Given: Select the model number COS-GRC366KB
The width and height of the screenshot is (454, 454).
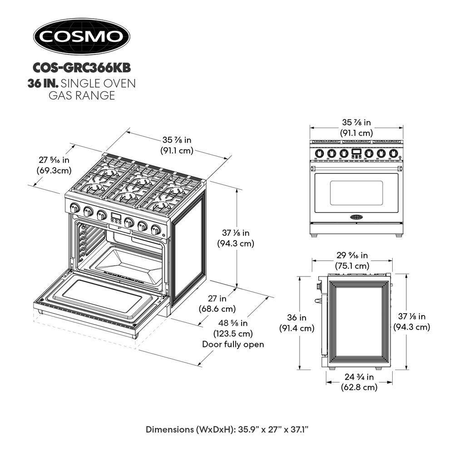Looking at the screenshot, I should click(x=82, y=68).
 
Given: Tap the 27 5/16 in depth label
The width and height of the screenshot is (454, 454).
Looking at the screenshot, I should click(x=53, y=160).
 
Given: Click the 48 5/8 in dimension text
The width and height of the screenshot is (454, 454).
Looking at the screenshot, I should click(x=232, y=323).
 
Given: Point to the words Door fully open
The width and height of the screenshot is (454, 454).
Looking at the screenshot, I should click(x=232, y=344).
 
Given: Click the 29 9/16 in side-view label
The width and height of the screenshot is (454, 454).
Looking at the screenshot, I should click(x=352, y=256).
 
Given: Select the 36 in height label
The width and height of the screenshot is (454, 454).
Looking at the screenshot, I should click(x=296, y=317).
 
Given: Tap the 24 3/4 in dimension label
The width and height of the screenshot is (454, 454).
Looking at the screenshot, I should click(x=359, y=377).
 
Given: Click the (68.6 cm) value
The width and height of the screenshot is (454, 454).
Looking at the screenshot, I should click(x=217, y=309).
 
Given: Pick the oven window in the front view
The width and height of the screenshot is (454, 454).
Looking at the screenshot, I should click(x=356, y=192).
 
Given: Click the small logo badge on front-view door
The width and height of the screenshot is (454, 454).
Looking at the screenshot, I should click(x=356, y=217).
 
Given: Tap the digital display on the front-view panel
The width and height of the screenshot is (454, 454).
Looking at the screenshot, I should click(x=356, y=151).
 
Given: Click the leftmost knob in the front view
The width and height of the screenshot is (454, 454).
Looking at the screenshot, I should click(x=319, y=153).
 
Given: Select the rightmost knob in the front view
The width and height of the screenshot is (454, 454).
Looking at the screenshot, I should click(x=394, y=153).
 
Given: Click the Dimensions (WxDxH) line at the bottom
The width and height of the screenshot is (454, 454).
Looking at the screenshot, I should click(x=227, y=429).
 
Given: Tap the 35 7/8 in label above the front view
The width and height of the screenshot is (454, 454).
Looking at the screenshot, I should click(x=356, y=122).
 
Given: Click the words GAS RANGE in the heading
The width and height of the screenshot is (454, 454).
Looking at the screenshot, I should click(x=82, y=96).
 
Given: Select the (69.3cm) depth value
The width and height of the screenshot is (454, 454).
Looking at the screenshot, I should click(x=53, y=171).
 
